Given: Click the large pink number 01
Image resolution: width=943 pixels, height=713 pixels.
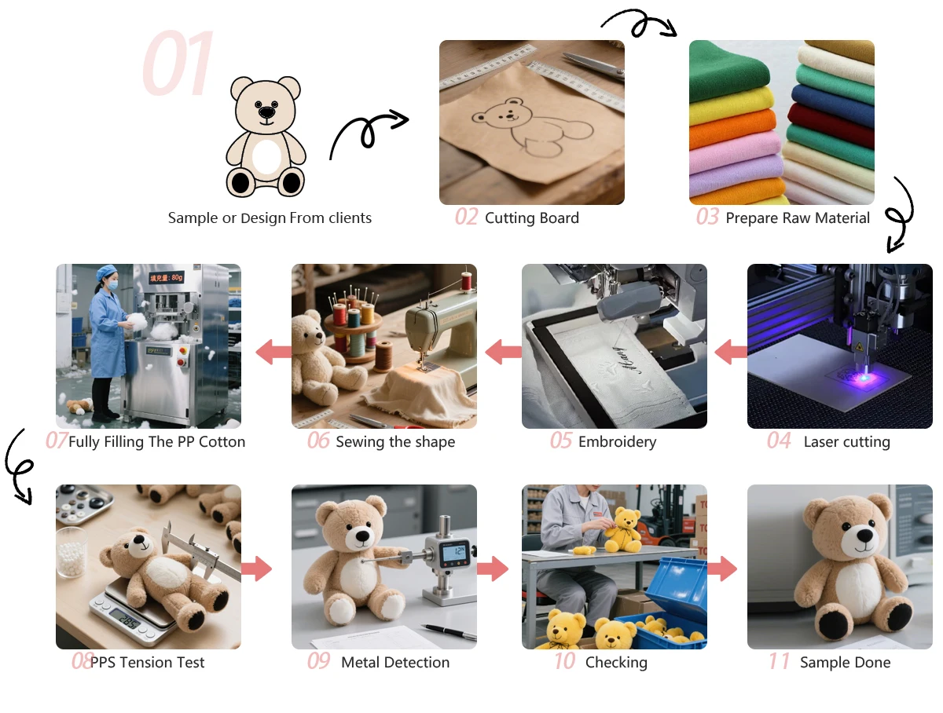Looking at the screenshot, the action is click(x=177, y=63).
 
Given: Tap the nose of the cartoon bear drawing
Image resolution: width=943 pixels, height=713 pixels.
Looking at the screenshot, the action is click(x=266, y=112).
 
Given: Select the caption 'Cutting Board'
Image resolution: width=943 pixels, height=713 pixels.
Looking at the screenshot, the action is click(x=531, y=218).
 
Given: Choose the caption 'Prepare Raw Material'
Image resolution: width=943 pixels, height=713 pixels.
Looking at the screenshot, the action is click(x=798, y=218).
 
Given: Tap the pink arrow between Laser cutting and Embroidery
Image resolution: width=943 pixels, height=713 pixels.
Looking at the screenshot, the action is click(x=730, y=352).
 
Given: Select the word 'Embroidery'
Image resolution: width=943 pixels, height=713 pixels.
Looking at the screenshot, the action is click(x=617, y=442).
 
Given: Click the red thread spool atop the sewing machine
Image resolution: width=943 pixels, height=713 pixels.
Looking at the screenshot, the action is click(x=466, y=281).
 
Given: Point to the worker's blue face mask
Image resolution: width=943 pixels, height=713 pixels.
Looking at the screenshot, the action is click(x=112, y=284).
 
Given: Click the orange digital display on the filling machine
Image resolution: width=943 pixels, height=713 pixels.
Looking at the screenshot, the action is click(x=167, y=278).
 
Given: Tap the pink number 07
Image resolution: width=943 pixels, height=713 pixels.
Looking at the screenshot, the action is click(x=57, y=441).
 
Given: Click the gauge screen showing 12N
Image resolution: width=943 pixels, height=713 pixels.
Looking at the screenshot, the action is click(x=455, y=552).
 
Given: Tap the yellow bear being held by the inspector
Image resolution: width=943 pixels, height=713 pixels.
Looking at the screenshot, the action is click(x=623, y=531).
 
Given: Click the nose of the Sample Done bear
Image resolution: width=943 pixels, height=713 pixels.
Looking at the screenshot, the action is click(x=864, y=536).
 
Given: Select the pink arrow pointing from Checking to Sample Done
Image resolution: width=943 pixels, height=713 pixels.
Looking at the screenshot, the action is click(x=721, y=569).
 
